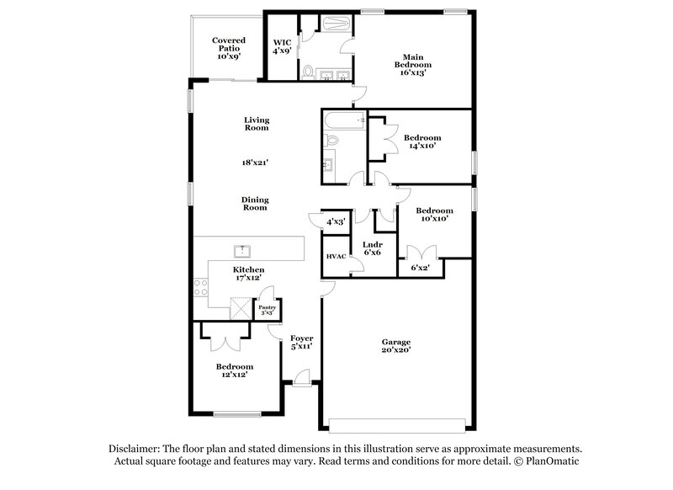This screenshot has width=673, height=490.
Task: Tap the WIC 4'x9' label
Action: pos(281,46)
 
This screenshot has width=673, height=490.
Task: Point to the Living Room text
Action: pos(256,124)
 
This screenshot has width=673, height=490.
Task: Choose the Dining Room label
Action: pos(255,202)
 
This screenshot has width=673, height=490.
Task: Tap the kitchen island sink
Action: pos(242,250)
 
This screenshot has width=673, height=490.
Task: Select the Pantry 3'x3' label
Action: pos(267,311)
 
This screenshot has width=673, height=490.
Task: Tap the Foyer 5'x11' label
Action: pos(302,343)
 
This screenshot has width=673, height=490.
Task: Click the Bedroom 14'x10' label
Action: pos(421,141)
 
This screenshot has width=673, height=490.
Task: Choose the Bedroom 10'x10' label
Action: pos(435,214)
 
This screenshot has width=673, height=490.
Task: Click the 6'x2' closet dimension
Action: pos(421,268)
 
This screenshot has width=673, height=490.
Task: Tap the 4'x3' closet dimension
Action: pos(336,221)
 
